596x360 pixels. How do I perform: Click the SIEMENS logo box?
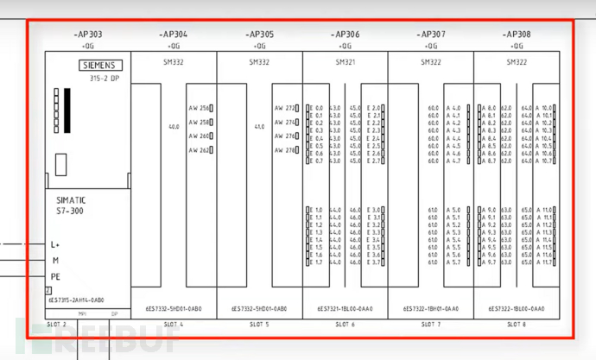pyautogui.click(x=101, y=65)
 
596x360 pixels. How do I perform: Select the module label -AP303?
pyautogui.click(x=88, y=35)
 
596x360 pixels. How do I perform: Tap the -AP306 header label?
pyautogui.click(x=345, y=35)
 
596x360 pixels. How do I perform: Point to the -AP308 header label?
pyautogui.click(x=517, y=35)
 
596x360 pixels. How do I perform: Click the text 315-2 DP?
pyautogui.click(x=104, y=77)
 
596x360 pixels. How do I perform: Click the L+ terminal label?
pyautogui.click(x=55, y=244)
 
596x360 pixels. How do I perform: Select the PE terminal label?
pyautogui.click(x=55, y=276)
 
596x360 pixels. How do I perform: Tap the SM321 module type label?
pyautogui.click(x=345, y=62)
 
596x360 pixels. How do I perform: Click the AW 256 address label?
pyautogui.click(x=198, y=109)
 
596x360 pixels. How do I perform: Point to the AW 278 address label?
pyautogui.click(x=284, y=150)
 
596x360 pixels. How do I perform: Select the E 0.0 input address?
pyautogui.click(x=317, y=109)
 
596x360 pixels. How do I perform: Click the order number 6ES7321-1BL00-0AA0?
pyautogui.click(x=345, y=308)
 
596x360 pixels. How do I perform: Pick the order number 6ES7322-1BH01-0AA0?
pyautogui.click(x=431, y=308)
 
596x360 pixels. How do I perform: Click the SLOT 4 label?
pyautogui.click(x=174, y=325)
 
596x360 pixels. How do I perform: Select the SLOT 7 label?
pyautogui.click(x=431, y=325)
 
